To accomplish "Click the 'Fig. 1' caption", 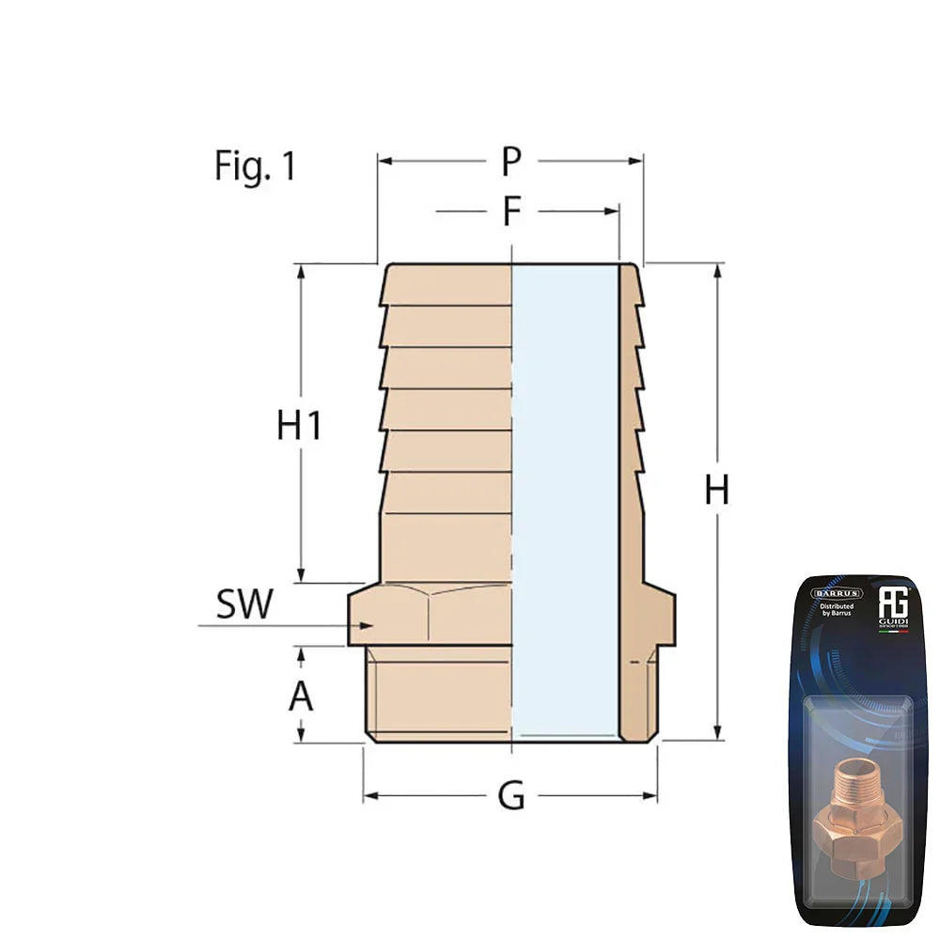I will click(255, 166).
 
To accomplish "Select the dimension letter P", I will click(510, 162).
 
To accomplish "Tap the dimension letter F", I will click(510, 211).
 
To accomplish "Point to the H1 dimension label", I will click(300, 426).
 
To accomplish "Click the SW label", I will click(244, 605).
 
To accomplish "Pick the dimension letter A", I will click(300, 697).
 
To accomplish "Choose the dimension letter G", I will click(510, 797).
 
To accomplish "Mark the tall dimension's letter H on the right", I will click(717, 491).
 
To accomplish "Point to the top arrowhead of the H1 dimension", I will click(301, 271).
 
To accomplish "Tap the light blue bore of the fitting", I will click(564, 498).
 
